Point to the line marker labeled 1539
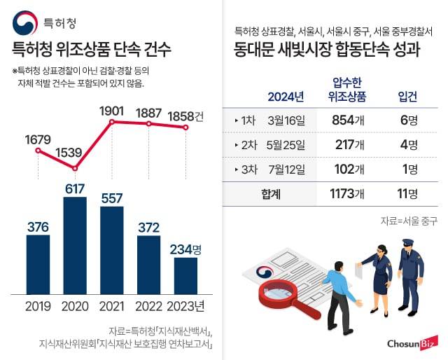point(75,167)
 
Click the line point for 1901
point(112,122)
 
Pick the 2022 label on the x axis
point(148,305)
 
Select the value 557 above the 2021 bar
point(112,198)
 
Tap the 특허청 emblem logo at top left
point(24,23)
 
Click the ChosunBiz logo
point(412,343)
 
